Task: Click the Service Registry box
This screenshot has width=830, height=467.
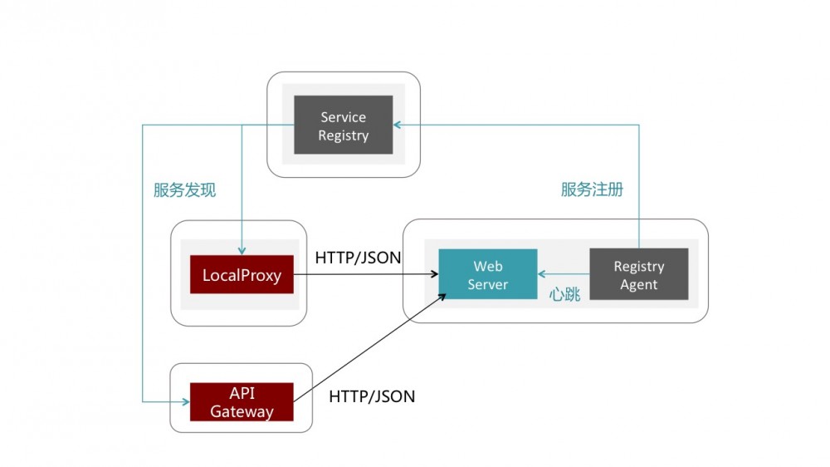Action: point(343,125)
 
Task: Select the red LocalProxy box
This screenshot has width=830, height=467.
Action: point(242,275)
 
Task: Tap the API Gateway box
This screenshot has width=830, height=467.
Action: point(242,402)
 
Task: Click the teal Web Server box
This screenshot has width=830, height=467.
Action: point(487,275)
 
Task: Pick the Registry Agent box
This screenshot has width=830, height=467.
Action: point(638,275)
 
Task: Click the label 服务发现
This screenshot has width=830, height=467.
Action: point(184,190)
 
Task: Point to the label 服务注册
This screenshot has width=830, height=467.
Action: point(592,189)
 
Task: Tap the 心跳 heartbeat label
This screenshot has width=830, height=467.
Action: point(564,294)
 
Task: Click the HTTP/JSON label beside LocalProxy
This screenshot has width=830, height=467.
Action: point(358,258)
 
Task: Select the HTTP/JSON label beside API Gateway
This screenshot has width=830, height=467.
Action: point(372,396)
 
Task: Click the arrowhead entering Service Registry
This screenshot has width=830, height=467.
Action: point(398,125)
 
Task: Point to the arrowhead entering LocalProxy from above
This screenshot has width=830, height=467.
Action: point(242,250)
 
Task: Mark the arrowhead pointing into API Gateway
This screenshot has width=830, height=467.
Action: point(185,402)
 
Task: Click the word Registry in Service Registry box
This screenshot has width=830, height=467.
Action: point(343,135)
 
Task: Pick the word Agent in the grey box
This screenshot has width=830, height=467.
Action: point(638,285)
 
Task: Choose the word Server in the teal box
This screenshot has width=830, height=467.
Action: point(487,285)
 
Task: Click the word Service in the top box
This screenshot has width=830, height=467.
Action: point(343,117)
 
